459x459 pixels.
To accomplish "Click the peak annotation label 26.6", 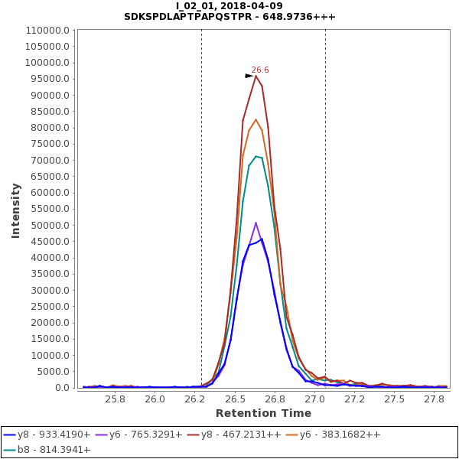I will [x=261, y=70].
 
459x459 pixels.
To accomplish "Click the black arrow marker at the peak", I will [x=249, y=76].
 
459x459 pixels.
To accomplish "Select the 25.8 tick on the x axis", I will [x=115, y=399].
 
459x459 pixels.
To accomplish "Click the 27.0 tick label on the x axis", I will [x=314, y=399].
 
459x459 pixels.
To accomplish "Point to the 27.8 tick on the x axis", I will [x=435, y=399].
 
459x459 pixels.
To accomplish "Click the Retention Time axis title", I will [x=263, y=414].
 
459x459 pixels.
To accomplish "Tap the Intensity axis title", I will [x=15, y=210].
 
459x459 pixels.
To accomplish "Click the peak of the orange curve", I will [x=256, y=119].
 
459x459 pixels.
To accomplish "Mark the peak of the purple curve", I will [x=256, y=223].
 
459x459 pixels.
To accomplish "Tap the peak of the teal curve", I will [x=256, y=156].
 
